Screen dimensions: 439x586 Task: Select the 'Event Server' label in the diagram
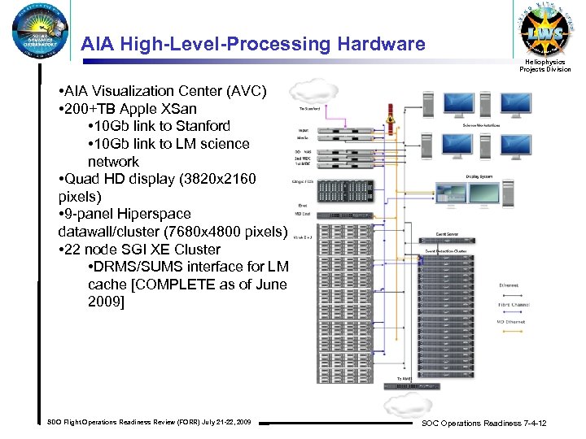pyautogui.click(x=447, y=234)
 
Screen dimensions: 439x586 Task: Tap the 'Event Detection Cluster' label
pyautogui.click(x=447, y=252)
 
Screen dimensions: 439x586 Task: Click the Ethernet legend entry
pyautogui.click(x=509, y=285)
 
